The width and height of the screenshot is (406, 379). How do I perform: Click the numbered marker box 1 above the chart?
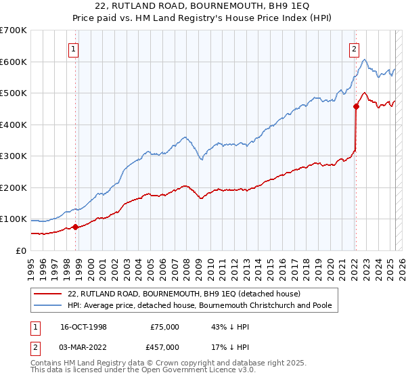[x=72, y=48]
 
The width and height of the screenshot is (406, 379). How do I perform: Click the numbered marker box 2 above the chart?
[x=354, y=48]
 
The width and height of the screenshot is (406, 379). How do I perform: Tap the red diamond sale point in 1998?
[x=75, y=227]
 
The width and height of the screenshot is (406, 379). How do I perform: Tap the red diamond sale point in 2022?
[x=356, y=106]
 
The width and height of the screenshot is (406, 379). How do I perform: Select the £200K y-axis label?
[x=14, y=187]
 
